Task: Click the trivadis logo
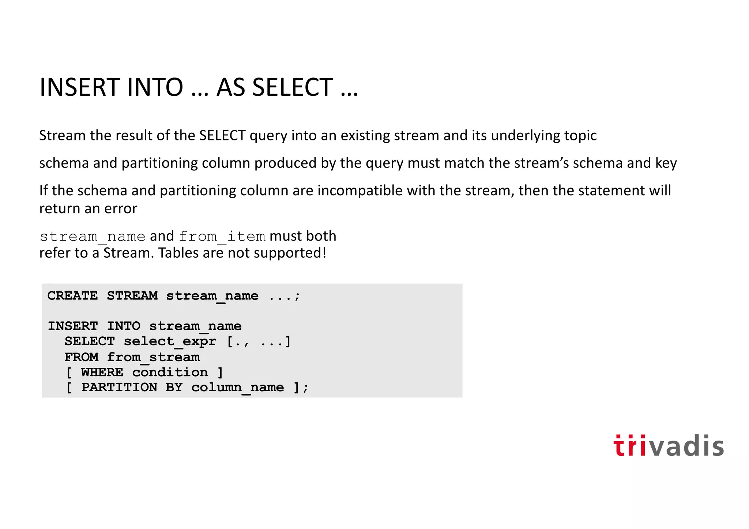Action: point(668,446)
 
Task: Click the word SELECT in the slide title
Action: point(292,88)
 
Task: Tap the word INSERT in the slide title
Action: point(80,88)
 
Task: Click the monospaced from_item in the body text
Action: point(222,237)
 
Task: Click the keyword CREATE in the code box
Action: point(72,296)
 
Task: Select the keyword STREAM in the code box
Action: point(132,296)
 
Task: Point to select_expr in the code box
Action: point(170,341)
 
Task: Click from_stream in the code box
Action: point(153,357)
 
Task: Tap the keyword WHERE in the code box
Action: point(102,373)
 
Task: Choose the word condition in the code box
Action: point(170,373)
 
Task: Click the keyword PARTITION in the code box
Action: point(119,388)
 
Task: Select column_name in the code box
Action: point(238,388)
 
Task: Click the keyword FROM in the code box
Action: point(82,357)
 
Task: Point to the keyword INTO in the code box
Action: point(124,326)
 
